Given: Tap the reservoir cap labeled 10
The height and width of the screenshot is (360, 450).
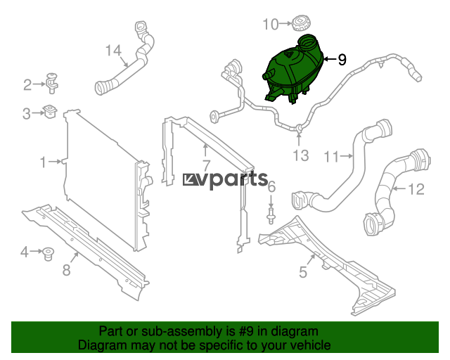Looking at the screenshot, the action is click(302, 23).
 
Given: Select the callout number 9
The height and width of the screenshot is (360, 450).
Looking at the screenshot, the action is click(342, 60).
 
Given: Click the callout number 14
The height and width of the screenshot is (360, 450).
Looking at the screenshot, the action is click(114, 51).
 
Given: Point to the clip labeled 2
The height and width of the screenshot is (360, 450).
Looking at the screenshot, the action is click(51, 83).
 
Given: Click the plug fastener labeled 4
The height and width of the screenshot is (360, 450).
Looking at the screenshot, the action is click(48, 253).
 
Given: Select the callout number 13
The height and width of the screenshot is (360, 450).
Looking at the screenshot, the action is click(300, 155).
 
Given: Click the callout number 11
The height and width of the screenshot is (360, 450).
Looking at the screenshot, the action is click(331, 157).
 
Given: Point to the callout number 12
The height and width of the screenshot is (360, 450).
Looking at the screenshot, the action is click(416, 189).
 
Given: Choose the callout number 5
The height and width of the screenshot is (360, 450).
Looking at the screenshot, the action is click(303, 272).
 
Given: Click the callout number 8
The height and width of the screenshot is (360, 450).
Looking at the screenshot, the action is click(66, 270).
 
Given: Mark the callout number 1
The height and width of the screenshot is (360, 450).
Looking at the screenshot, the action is click(43, 162).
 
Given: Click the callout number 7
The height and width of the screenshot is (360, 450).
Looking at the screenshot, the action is click(206, 166).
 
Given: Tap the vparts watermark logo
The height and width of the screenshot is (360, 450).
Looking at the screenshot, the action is click(225, 179).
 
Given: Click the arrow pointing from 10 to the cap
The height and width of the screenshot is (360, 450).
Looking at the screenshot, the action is click(285, 23).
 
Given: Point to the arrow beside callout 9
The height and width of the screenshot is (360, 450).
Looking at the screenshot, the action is click(330, 59).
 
